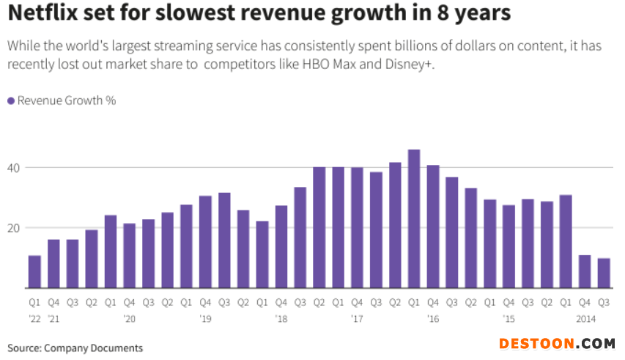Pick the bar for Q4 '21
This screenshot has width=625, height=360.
pos(53,263)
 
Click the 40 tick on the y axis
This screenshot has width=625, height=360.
pos(14,168)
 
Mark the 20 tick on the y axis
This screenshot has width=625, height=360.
pos(14,227)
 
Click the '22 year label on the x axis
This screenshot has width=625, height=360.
pos(34,319)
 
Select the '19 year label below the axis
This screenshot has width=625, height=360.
pos(206,319)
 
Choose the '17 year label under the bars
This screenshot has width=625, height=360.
pos(358,319)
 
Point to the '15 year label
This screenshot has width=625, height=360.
pos(509,319)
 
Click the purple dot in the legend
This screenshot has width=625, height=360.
pos(10,100)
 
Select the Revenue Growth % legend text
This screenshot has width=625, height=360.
pos(67,100)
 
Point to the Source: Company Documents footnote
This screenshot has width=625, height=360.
pos(75,348)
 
